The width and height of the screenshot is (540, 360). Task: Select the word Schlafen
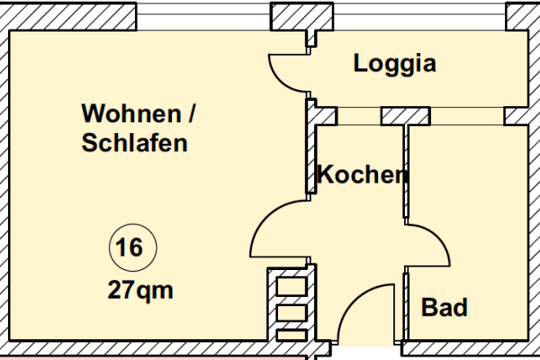coord(135,142)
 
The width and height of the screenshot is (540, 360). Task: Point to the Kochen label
coord(361,175)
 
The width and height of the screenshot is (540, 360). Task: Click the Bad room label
coord(445,308)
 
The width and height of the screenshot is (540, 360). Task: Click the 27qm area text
coord(139,290)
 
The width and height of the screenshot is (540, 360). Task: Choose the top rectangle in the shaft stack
coord(291,286)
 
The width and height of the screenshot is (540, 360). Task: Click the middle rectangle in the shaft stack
coord(291,311)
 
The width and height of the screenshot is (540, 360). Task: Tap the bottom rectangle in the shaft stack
coord(291,335)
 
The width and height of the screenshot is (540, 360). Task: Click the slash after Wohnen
coord(191,115)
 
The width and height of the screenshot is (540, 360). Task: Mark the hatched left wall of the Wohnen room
coord(4,180)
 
